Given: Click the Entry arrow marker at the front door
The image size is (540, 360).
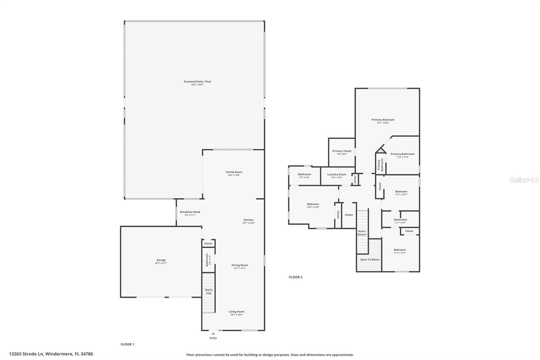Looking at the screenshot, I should (x=213, y=333).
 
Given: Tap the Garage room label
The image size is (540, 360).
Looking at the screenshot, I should (x=161, y=260).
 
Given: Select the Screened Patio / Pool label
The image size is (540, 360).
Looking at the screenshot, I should (x=197, y=81).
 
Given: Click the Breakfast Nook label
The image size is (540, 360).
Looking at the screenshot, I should (x=190, y=212).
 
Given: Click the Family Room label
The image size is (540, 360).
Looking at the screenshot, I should (x=234, y=172).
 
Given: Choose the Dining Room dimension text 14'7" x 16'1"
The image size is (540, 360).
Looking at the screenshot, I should (x=240, y=268).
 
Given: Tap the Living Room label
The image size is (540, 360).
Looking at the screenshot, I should (x=236, y=312).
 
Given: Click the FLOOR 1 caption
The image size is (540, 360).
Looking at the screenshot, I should (x=128, y=344).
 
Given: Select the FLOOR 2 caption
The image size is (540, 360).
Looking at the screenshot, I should (x=296, y=277).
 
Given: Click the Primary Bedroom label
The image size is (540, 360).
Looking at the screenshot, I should (x=383, y=120).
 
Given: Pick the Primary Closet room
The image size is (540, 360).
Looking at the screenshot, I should (x=342, y=152).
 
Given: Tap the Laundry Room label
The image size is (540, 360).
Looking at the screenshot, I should (x=336, y=175).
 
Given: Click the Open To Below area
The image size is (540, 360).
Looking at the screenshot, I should (x=370, y=260).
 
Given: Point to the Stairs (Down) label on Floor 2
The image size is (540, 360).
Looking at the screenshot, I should (x=362, y=233).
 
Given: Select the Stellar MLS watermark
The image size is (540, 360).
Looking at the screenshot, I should (x=524, y=180).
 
